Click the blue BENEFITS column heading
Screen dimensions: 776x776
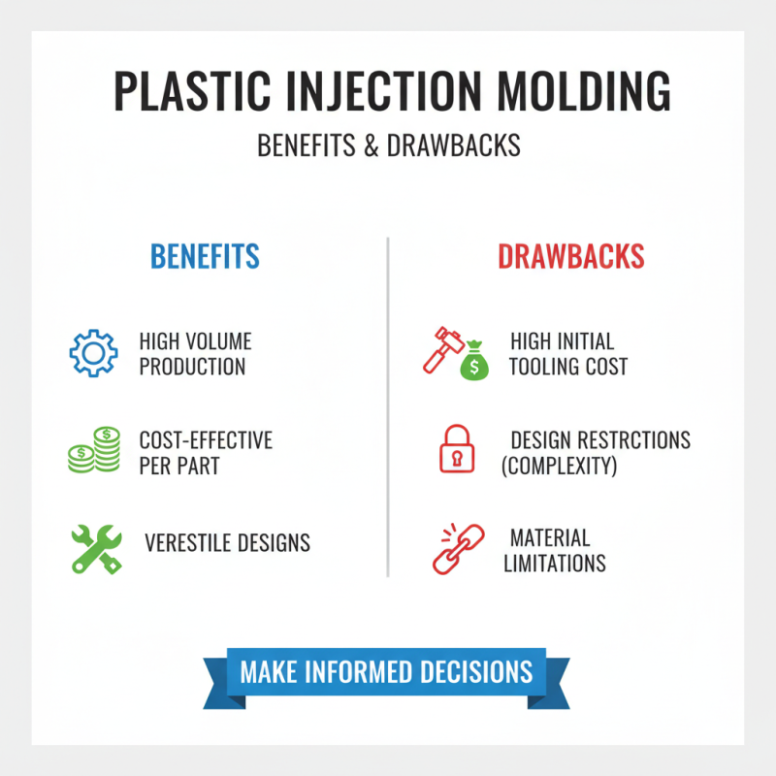click(x=205, y=256)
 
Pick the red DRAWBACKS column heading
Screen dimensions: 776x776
click(x=571, y=256)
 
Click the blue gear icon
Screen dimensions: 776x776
click(x=94, y=353)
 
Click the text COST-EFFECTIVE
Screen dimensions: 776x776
click(x=206, y=440)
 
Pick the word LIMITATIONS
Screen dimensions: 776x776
click(x=555, y=563)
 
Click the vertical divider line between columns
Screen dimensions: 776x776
click(x=388, y=407)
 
